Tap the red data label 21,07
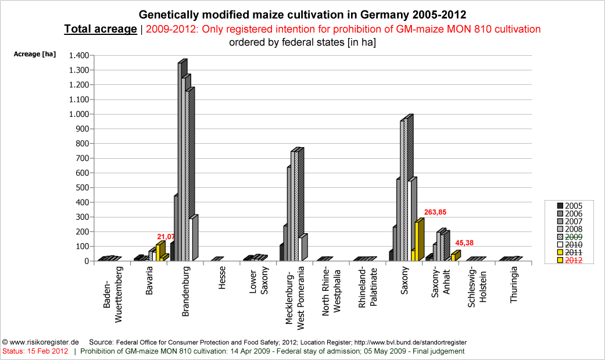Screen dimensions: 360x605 [x=167, y=237]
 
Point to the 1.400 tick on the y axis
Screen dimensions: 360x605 [x=78, y=55]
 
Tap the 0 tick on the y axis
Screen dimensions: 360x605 [x=85, y=261]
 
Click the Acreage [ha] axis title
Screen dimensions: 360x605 [x=35, y=54]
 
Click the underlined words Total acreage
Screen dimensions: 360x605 [x=100, y=29]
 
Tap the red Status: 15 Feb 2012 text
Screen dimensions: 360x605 [x=35, y=351]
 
